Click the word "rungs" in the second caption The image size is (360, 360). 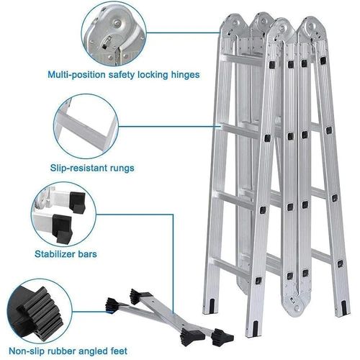122,168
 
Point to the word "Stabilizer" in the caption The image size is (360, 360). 54,254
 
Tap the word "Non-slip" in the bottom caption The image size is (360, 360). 27,351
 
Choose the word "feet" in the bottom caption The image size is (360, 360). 117,351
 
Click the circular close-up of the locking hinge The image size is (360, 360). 114,33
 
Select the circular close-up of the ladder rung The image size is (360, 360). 86,126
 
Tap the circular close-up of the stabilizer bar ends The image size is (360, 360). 63,215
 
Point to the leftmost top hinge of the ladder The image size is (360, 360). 234,24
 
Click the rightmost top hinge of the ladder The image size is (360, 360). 312,27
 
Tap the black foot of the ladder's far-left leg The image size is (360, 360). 212,306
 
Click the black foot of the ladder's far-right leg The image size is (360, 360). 343,307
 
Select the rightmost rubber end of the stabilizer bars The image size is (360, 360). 222,337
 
